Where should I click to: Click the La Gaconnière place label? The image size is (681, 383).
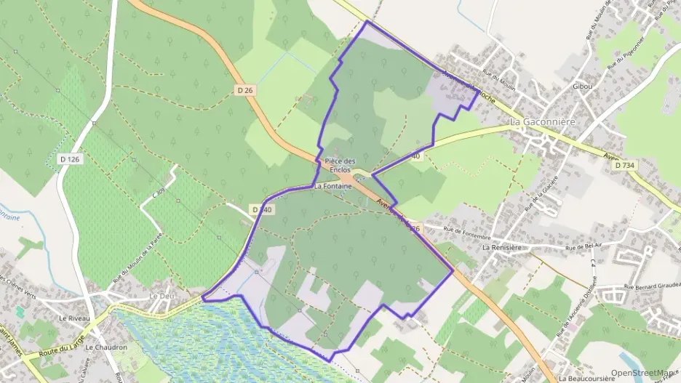[542, 121]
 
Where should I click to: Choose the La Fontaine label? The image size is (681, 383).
[333, 186]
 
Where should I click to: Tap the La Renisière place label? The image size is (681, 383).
[501, 247]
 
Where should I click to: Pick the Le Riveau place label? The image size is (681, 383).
[73, 318]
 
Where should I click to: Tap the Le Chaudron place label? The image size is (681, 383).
[106, 347]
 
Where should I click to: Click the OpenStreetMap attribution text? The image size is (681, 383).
[644, 373]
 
